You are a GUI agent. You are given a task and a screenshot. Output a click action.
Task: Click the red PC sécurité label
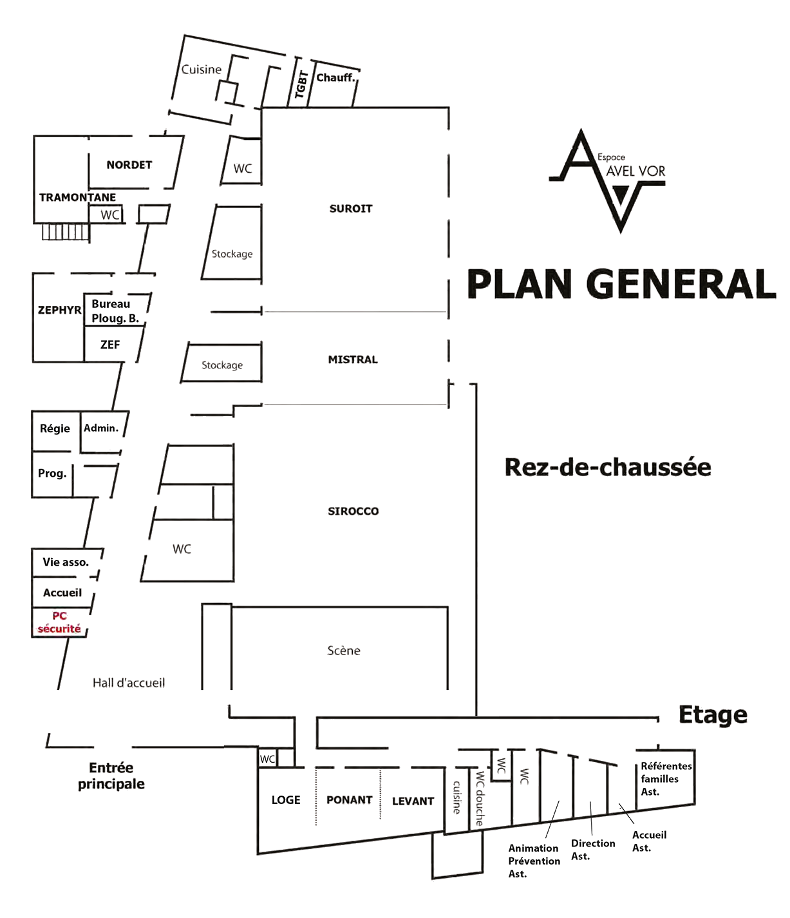59,622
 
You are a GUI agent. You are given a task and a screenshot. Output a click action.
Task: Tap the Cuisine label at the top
202,70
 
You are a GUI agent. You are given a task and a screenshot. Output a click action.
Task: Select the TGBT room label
301,84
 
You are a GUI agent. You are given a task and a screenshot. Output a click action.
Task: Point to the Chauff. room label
335,78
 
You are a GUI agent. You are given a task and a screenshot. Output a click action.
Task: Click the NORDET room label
129,165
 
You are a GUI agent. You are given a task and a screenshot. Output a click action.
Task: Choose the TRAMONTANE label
77,197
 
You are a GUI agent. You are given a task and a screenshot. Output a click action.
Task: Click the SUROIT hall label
351,209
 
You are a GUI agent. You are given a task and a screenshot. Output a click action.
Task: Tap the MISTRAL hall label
353,359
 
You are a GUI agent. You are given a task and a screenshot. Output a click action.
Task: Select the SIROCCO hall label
353,512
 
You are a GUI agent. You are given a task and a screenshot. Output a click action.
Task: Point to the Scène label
344,651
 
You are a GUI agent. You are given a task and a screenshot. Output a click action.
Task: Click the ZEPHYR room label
59,310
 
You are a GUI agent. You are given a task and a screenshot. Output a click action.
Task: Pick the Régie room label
55,428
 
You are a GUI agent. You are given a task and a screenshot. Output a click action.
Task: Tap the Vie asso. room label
66,562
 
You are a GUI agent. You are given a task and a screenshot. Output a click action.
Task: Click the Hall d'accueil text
129,683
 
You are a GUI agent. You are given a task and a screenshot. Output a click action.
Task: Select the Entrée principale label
111,776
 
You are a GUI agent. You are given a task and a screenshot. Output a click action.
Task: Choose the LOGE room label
286,800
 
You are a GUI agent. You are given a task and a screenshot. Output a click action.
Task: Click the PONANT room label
350,800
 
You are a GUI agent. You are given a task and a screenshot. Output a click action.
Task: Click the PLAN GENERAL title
621,284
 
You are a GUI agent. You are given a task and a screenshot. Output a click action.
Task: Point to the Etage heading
713,715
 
